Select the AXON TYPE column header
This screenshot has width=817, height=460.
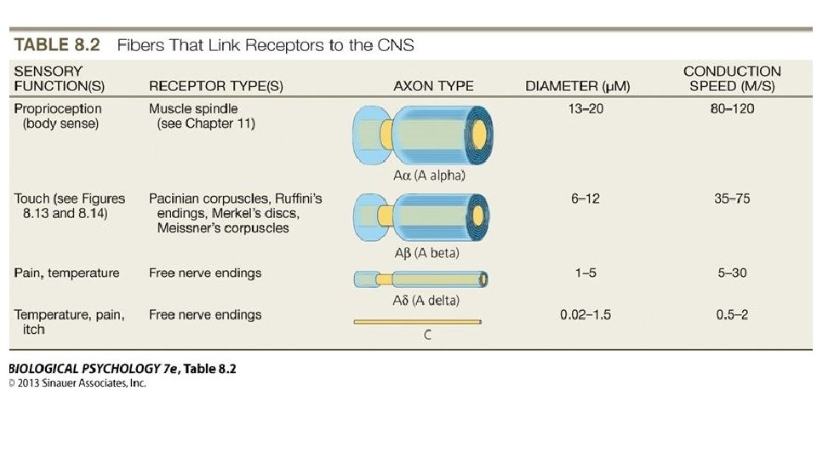433,86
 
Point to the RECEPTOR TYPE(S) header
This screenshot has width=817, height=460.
216,86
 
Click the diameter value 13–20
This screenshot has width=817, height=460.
586,109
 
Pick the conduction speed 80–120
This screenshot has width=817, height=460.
732,109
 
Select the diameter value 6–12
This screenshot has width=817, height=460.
586,198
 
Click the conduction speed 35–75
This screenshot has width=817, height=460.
732,198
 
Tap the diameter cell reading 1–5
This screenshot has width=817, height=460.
586,273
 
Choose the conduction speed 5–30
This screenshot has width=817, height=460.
732,273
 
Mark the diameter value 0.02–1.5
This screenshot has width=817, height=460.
586,315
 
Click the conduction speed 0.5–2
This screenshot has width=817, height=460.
732,315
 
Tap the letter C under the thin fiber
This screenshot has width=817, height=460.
427,336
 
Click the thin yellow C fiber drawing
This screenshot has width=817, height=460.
417,322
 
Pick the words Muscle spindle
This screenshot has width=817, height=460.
193,109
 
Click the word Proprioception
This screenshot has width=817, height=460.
58,109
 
